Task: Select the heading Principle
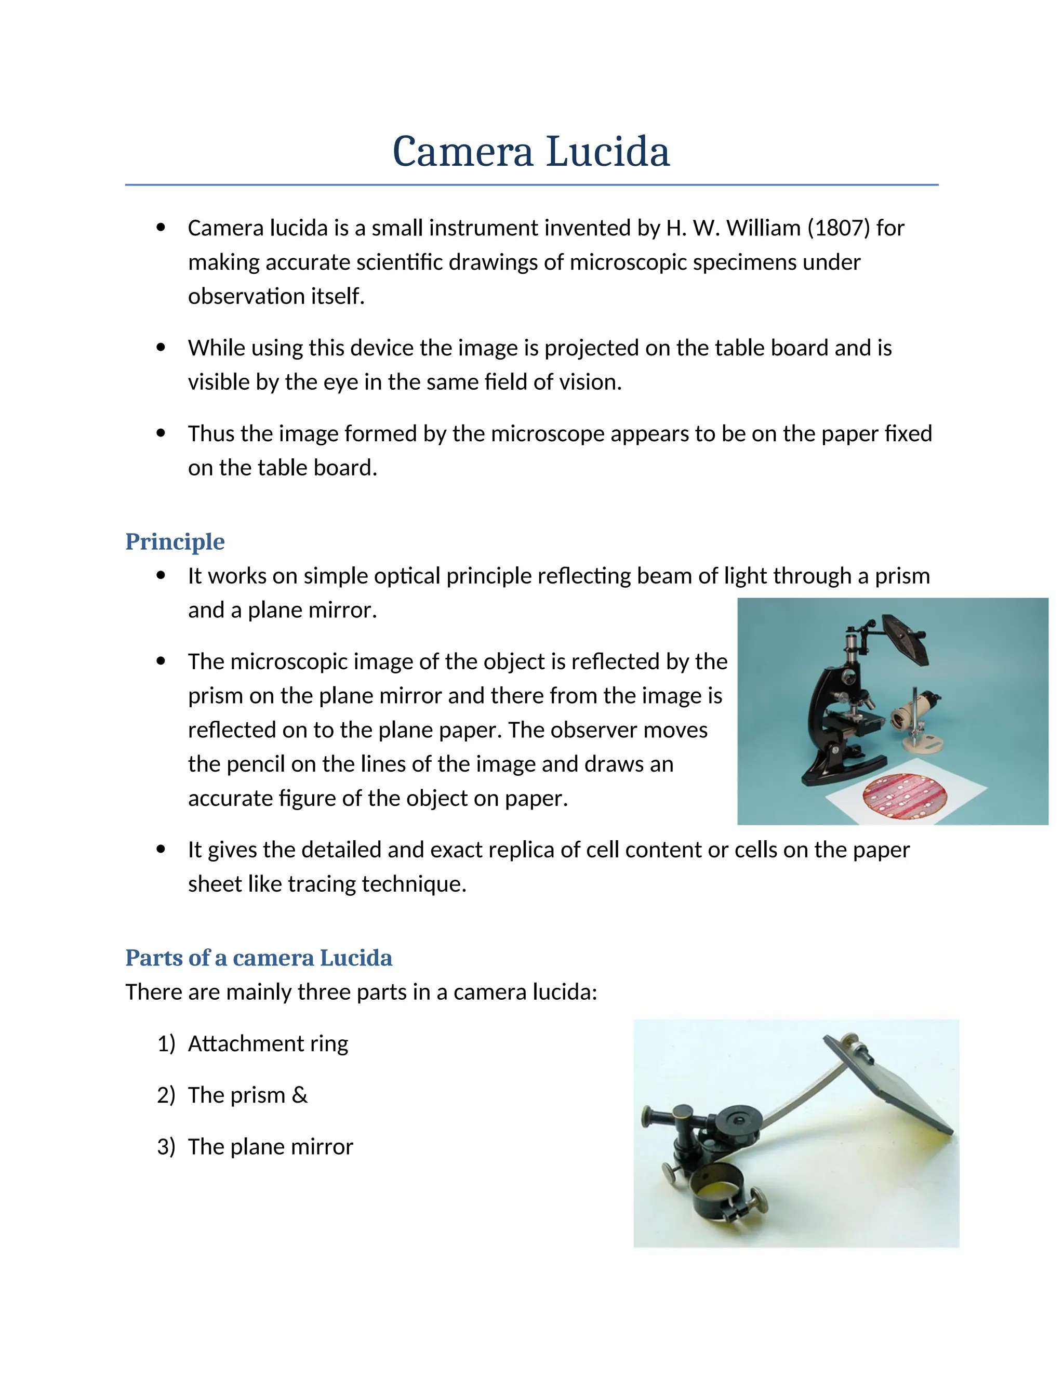point(175,541)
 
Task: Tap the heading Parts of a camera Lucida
point(258,958)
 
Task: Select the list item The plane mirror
point(270,1146)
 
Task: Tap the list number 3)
point(166,1146)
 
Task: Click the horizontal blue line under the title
point(531,185)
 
